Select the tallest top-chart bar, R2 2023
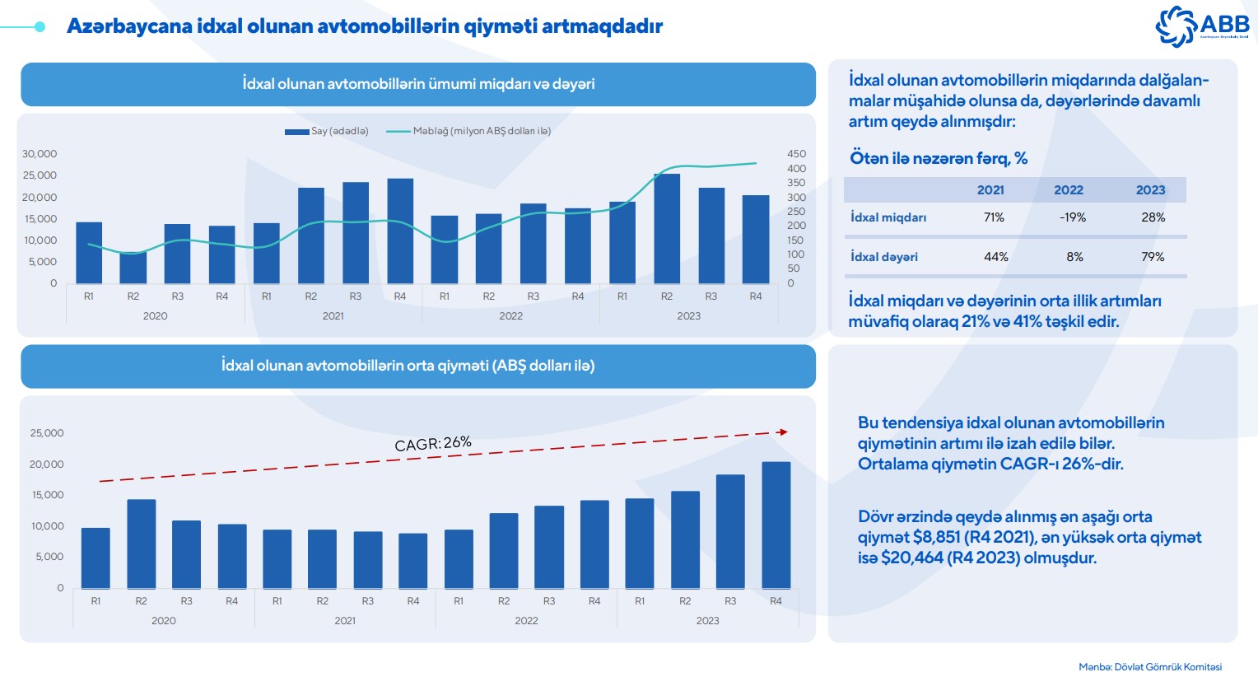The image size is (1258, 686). click(667, 228)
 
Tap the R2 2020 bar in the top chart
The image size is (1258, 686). click(133, 268)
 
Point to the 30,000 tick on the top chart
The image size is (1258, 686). click(40, 154)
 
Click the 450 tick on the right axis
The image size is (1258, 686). click(796, 154)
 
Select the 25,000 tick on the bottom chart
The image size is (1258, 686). click(47, 433)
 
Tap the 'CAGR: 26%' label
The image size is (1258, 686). click(433, 444)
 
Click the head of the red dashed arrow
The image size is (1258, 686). click(783, 432)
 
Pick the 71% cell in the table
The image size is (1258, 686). click(994, 217)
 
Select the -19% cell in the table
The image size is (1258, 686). click(1073, 217)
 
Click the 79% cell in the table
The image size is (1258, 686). click(1153, 257)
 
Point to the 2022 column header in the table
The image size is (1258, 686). click(1069, 190)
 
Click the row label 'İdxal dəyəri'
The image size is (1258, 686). click(884, 257)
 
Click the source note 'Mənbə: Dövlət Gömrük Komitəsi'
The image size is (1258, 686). click(1150, 667)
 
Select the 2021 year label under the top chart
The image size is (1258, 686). click(333, 316)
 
